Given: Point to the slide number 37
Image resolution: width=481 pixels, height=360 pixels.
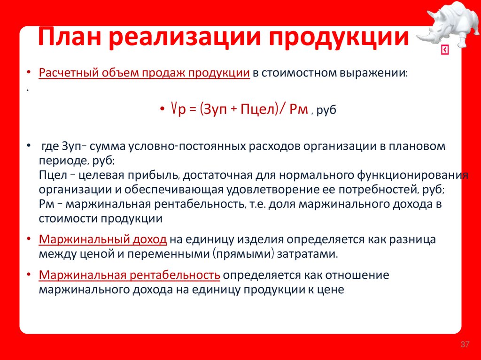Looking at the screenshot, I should pos(465,345).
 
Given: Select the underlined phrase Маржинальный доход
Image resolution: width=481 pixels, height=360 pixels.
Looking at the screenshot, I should pos(103,239).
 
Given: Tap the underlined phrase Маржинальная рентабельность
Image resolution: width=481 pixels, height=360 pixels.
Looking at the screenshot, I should pos(130,275).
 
